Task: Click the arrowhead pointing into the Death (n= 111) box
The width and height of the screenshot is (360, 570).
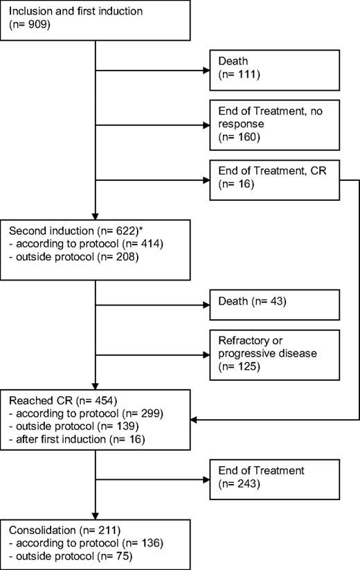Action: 206,71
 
